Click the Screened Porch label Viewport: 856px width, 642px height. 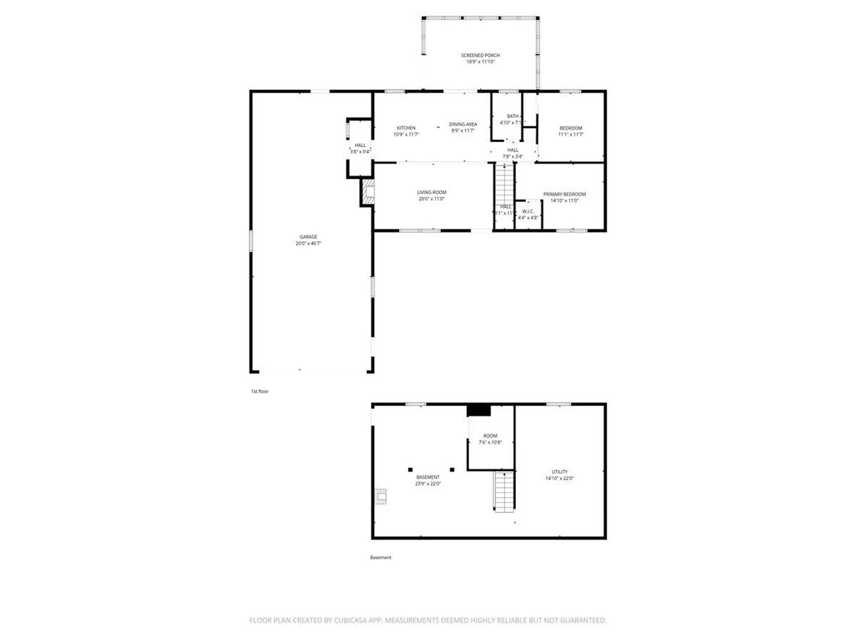(x=480, y=55)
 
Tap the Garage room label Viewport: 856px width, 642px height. (x=308, y=237)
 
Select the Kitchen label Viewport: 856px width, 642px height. (x=406, y=128)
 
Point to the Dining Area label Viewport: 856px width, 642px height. (x=463, y=124)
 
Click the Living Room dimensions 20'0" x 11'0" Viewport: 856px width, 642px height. (x=431, y=199)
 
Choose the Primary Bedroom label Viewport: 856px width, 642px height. (x=564, y=194)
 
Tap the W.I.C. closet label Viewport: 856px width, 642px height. (x=528, y=212)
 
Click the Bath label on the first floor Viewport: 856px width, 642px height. (x=512, y=116)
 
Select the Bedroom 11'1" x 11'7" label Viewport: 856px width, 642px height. (x=571, y=128)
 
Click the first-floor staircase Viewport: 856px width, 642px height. (x=505, y=185)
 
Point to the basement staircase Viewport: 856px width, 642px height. (x=504, y=492)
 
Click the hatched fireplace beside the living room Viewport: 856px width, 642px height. (x=368, y=192)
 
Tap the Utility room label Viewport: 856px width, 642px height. (x=560, y=472)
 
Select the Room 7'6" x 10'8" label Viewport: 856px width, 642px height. (x=490, y=436)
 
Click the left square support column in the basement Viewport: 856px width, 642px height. (x=410, y=469)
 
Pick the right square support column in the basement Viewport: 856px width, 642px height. (x=452, y=469)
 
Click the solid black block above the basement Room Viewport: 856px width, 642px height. (x=479, y=411)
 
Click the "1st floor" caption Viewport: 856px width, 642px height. (x=259, y=391)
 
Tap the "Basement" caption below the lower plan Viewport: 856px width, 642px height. (x=381, y=557)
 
